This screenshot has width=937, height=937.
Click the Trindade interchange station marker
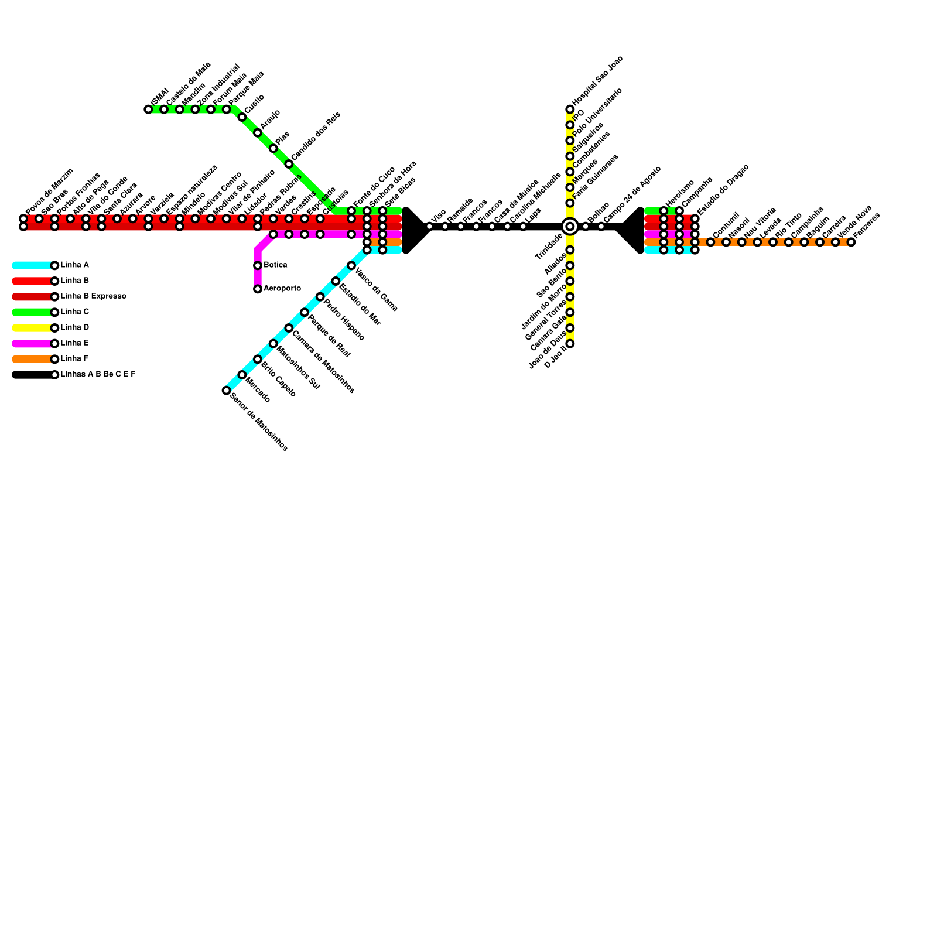click(x=570, y=227)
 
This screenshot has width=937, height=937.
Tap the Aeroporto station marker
click(x=258, y=289)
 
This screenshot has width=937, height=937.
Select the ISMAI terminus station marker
click(x=148, y=110)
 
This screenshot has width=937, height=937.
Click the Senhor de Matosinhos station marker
click(x=226, y=391)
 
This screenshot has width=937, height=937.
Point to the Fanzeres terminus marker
click(x=851, y=242)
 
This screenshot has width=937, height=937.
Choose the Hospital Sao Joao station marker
click(x=570, y=110)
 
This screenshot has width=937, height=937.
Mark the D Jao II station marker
click(x=570, y=344)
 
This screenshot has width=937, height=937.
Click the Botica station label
click(x=275, y=265)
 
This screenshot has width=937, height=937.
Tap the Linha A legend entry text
click(x=75, y=265)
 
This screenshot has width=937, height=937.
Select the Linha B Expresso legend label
click(x=93, y=296)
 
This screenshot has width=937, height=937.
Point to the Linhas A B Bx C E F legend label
click(x=98, y=375)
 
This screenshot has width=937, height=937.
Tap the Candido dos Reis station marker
click(x=289, y=164)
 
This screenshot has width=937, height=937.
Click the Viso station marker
click(x=429, y=227)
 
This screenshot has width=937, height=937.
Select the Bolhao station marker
click(x=586, y=227)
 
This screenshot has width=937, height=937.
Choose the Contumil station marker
click(x=710, y=242)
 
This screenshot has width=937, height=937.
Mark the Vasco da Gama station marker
click(x=351, y=266)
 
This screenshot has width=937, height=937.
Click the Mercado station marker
click(x=242, y=375)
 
